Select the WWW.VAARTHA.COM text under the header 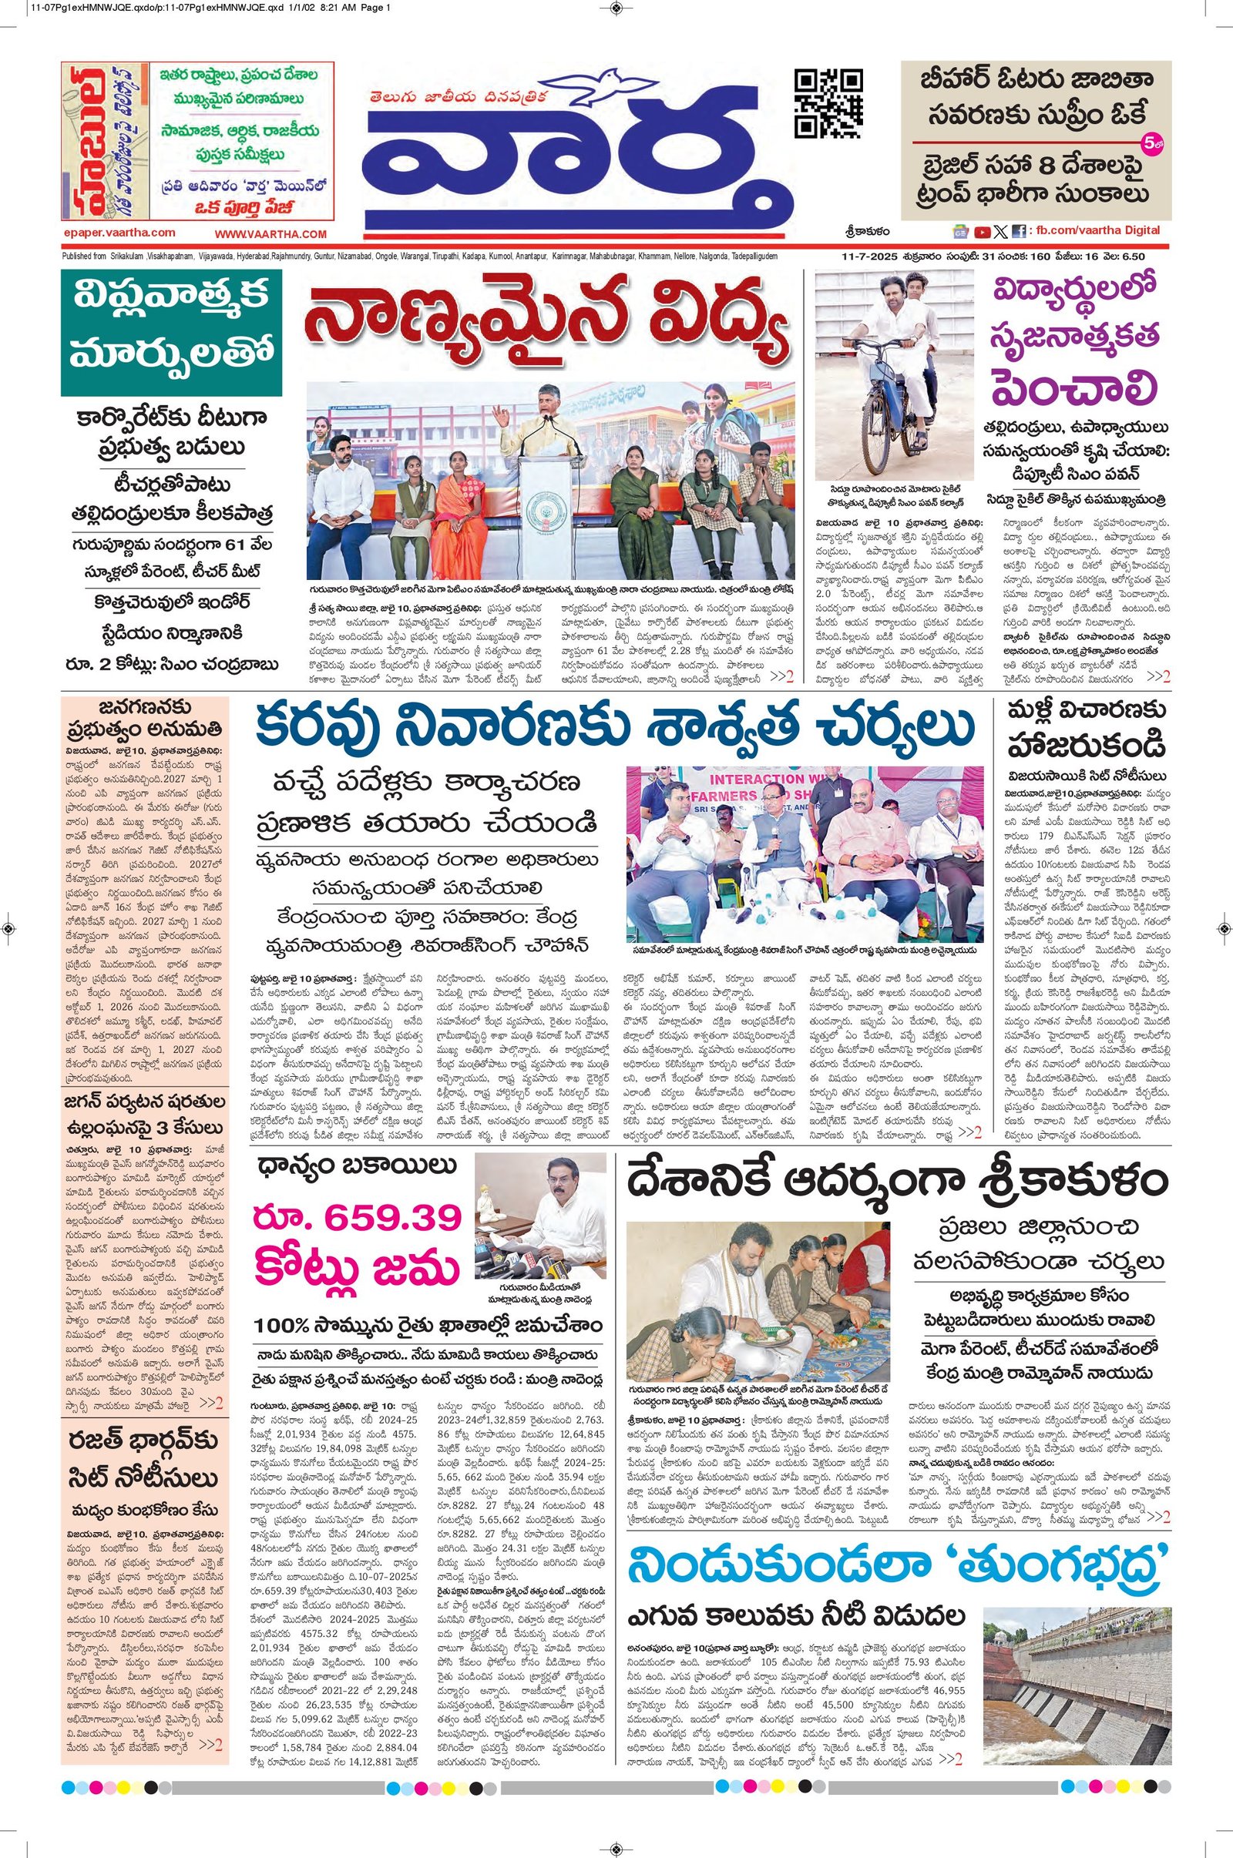click(270, 234)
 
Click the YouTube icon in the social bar click(982, 231)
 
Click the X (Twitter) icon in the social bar click(1000, 231)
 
